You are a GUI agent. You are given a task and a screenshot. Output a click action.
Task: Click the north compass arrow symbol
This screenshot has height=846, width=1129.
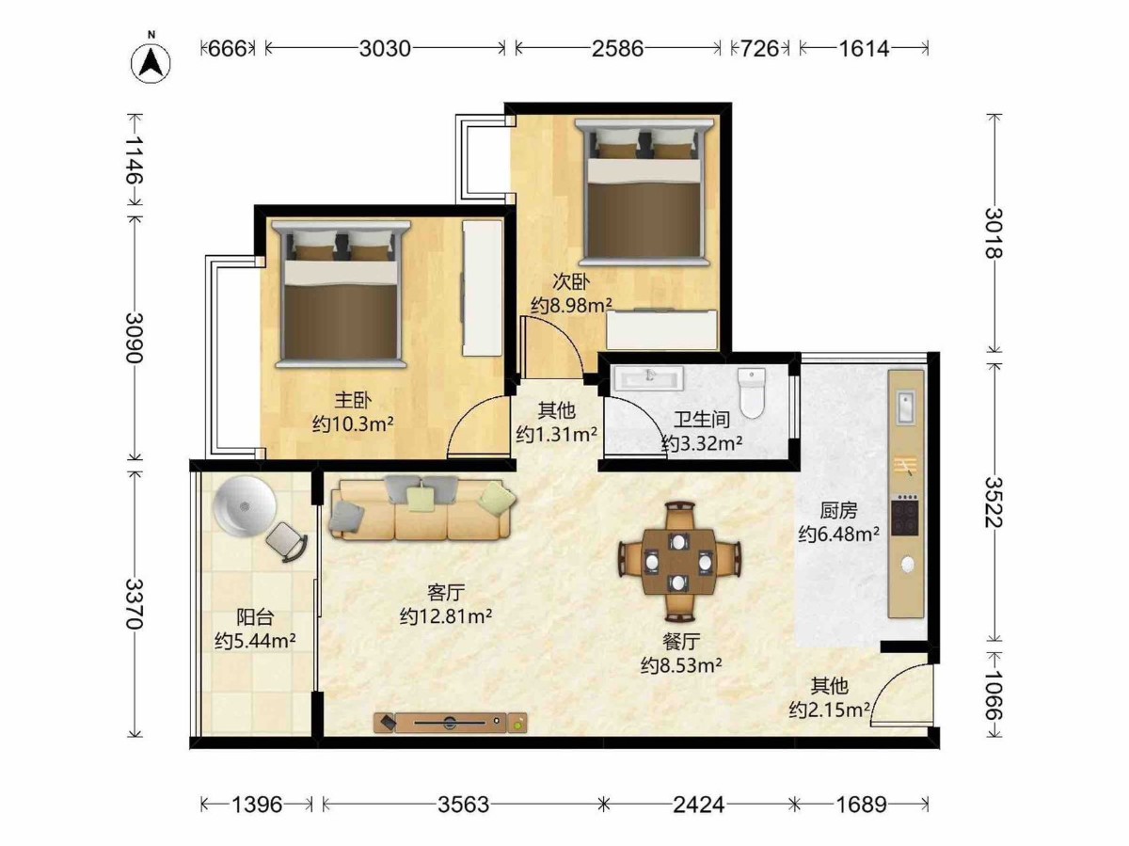pyautogui.click(x=151, y=63)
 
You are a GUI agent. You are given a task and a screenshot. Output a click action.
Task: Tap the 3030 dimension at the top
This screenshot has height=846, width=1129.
pyautogui.click(x=385, y=49)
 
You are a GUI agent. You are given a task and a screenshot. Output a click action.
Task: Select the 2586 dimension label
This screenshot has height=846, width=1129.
pyautogui.click(x=617, y=49)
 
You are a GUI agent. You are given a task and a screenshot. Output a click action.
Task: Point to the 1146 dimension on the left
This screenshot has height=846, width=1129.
pyautogui.click(x=135, y=159)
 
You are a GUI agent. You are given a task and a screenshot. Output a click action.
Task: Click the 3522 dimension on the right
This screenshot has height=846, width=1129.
pyautogui.click(x=994, y=503)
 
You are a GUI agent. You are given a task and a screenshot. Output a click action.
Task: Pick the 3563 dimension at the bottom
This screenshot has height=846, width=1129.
pyautogui.click(x=463, y=805)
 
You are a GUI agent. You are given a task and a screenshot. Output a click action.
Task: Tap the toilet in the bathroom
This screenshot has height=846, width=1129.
pyautogui.click(x=752, y=391)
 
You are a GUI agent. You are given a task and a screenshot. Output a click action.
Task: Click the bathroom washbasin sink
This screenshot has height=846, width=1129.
pyautogui.click(x=648, y=378)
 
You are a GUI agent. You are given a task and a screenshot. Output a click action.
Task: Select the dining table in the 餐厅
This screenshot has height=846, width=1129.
pyautogui.click(x=679, y=562)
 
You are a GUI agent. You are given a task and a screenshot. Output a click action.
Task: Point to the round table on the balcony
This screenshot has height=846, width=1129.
pyautogui.click(x=245, y=506)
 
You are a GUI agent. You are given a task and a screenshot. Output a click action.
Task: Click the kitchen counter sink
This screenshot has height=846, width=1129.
pyautogui.click(x=906, y=407)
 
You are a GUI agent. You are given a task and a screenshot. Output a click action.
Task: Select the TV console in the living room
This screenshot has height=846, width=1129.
pyautogui.click(x=450, y=722)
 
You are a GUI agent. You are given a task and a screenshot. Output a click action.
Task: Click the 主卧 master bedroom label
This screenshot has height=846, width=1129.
pyautogui.click(x=352, y=400)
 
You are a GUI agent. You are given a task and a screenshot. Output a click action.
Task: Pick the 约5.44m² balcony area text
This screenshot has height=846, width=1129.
pyautogui.click(x=255, y=641)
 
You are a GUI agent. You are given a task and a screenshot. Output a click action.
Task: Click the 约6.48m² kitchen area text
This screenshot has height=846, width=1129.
pyautogui.click(x=839, y=534)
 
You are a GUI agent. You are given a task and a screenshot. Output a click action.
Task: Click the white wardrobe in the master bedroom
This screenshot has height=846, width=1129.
pyautogui.click(x=482, y=288)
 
